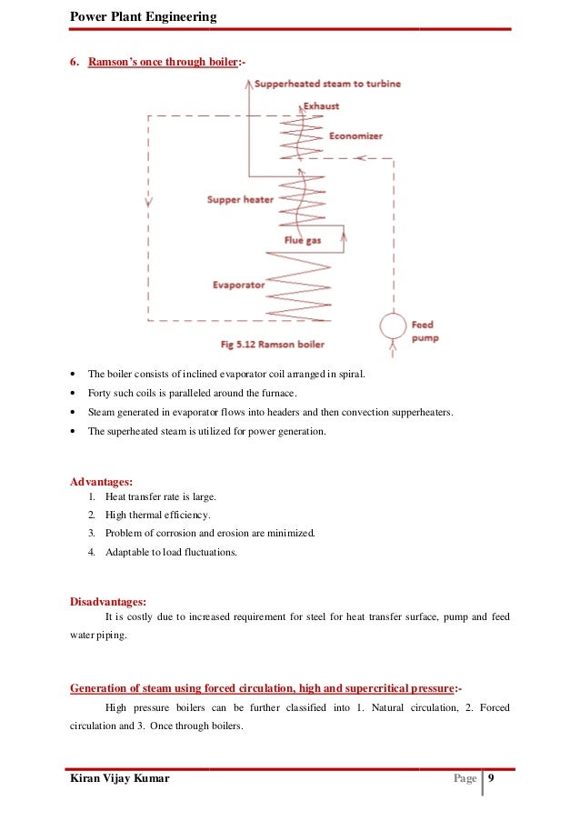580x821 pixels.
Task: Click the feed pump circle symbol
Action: (x=393, y=325)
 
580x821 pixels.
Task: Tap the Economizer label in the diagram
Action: (x=355, y=135)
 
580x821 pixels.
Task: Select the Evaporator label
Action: (x=238, y=285)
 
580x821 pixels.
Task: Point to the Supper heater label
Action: (x=240, y=199)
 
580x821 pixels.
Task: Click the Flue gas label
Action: (x=299, y=242)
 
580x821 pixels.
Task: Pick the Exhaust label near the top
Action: (x=322, y=106)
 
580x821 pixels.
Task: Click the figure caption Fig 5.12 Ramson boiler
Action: (x=273, y=345)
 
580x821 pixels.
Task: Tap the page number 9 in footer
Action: (x=491, y=779)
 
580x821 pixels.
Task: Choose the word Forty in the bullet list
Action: (x=100, y=393)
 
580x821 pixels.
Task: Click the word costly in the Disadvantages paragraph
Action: (x=155, y=618)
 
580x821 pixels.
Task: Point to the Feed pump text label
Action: (x=423, y=331)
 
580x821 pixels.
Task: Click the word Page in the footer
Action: (x=465, y=779)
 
